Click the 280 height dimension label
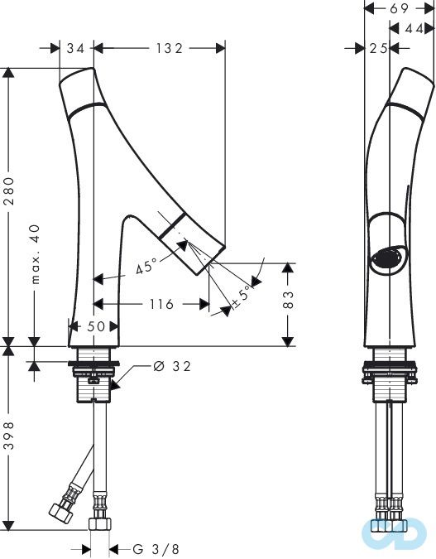9,190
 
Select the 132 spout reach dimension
169,48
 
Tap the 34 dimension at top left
75,48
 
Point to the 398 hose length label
9,435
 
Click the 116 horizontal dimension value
161,304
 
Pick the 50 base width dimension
96,326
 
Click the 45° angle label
146,266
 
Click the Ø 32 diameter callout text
172,366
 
